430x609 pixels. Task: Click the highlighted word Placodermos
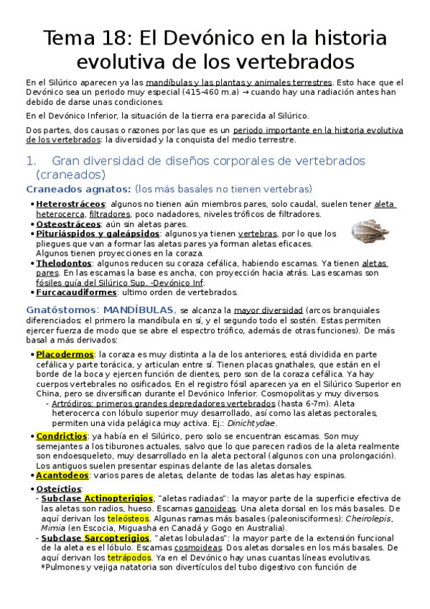point(65,354)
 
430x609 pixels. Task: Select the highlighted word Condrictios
point(62,436)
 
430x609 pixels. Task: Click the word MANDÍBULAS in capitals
point(139,310)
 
